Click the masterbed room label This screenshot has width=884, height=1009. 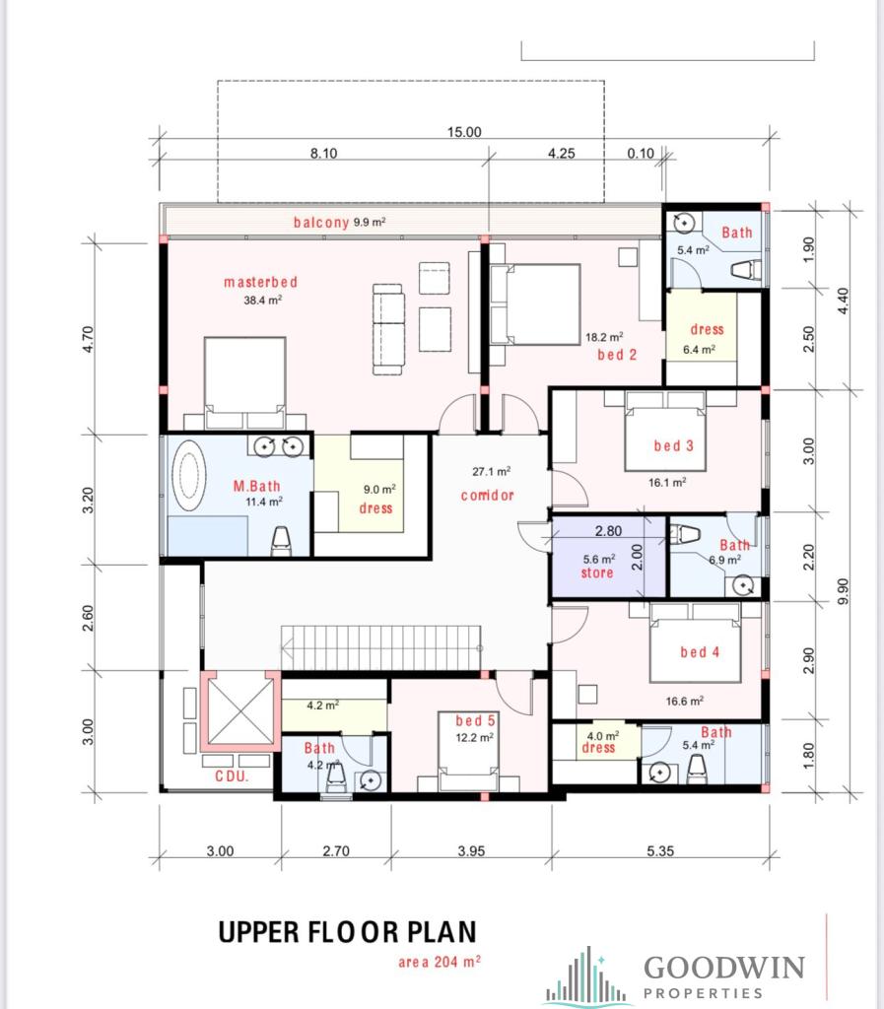(260, 282)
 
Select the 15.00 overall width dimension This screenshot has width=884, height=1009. (464, 132)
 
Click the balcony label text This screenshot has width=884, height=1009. (321, 222)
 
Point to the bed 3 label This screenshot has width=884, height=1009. (674, 445)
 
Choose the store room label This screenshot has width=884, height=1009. (597, 572)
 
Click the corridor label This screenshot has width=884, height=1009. (487, 495)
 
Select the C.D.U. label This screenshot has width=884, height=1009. (231, 776)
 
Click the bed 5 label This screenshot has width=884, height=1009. (475, 720)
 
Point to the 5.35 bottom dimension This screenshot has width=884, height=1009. (660, 850)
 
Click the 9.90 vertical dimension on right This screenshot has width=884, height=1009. (843, 591)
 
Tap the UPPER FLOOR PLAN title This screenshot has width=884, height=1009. (348, 932)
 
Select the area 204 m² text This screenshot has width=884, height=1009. (440, 962)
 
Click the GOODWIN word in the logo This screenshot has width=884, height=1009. (724, 968)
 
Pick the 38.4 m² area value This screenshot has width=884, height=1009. (262, 300)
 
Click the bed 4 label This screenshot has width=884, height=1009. (700, 652)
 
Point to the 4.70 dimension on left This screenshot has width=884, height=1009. (88, 339)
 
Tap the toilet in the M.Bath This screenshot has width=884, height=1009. (281, 541)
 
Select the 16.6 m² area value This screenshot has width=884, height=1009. (685, 701)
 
